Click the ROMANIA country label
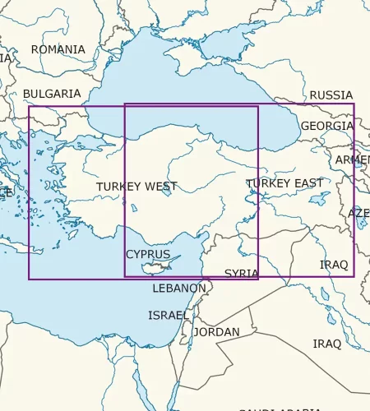[58, 49]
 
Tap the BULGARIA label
[52, 94]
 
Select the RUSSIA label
[331, 95]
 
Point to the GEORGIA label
[326, 126]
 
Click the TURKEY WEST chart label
[136, 187]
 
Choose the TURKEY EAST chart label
[284, 182]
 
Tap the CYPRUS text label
[148, 254]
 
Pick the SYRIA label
[242, 273]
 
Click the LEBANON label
[179, 289]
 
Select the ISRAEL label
[168, 315]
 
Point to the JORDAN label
[216, 332]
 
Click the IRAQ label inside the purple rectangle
[334, 265]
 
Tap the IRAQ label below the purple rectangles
[326, 343]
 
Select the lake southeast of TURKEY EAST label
[321, 198]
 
